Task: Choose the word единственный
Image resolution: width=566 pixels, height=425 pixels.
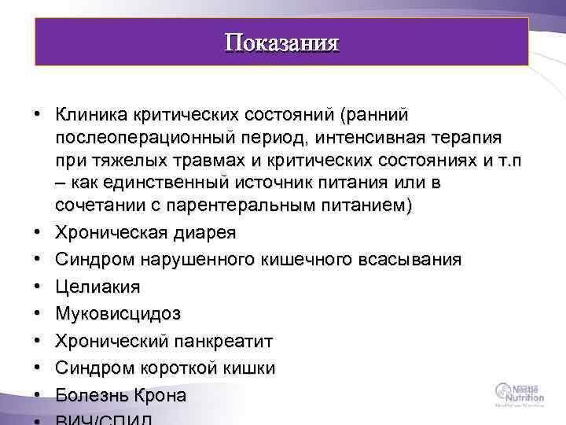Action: (158, 183)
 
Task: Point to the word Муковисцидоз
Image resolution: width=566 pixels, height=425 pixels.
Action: (118, 314)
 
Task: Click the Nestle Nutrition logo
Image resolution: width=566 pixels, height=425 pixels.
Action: (519, 392)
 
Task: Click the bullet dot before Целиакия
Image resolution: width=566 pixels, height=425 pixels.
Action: (38, 287)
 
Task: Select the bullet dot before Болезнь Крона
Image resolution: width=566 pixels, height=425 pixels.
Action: (38, 395)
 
